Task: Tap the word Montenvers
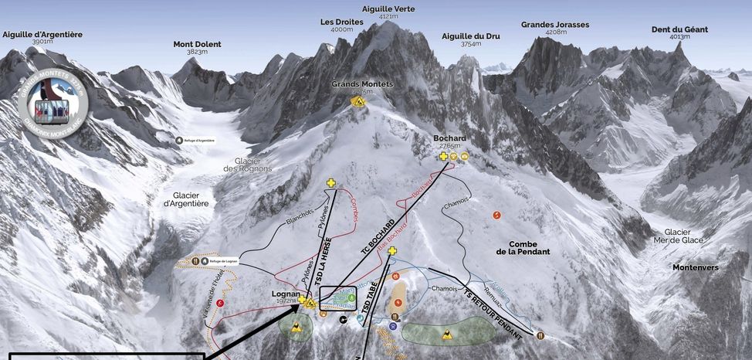(x=695, y=267)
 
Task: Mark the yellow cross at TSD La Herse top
(x=331, y=183)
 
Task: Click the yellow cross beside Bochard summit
(x=443, y=156)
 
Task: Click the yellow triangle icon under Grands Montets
(x=357, y=101)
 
